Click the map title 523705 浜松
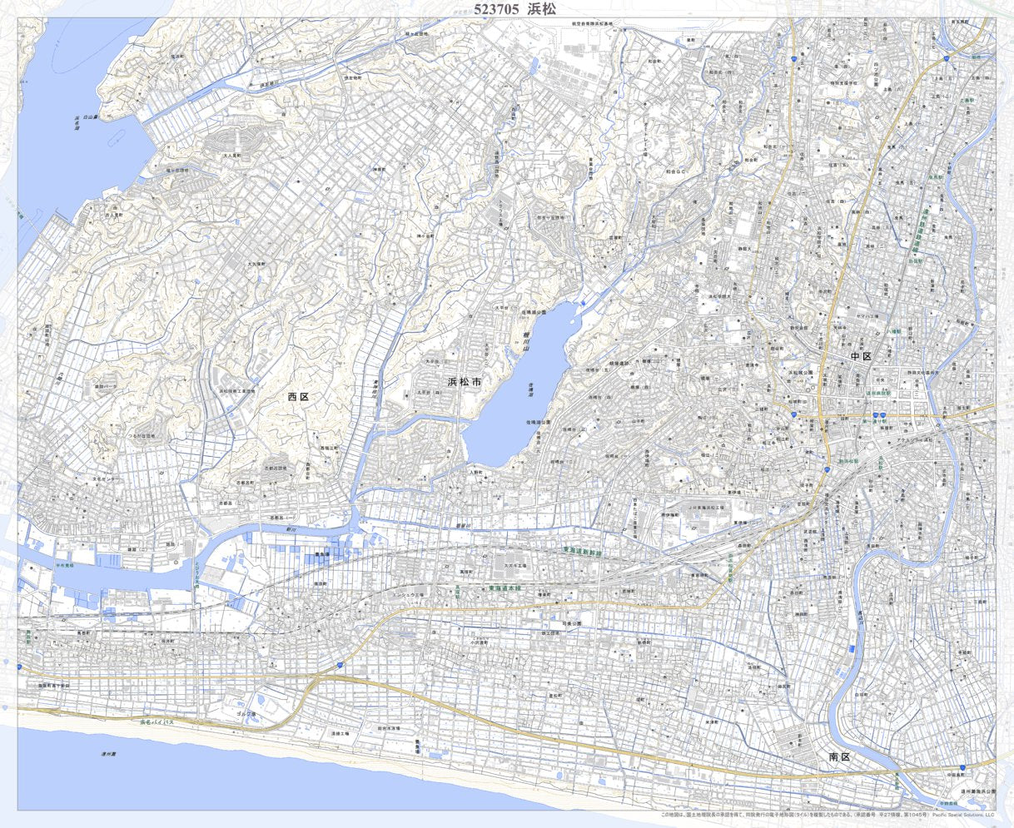point(514,9)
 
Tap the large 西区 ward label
point(298,397)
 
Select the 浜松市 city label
point(464,382)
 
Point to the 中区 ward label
point(861,356)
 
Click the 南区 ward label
point(838,757)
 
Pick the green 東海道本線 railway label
point(509,588)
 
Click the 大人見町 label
point(231,156)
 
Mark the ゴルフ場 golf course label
point(245,713)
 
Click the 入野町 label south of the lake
point(475,472)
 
